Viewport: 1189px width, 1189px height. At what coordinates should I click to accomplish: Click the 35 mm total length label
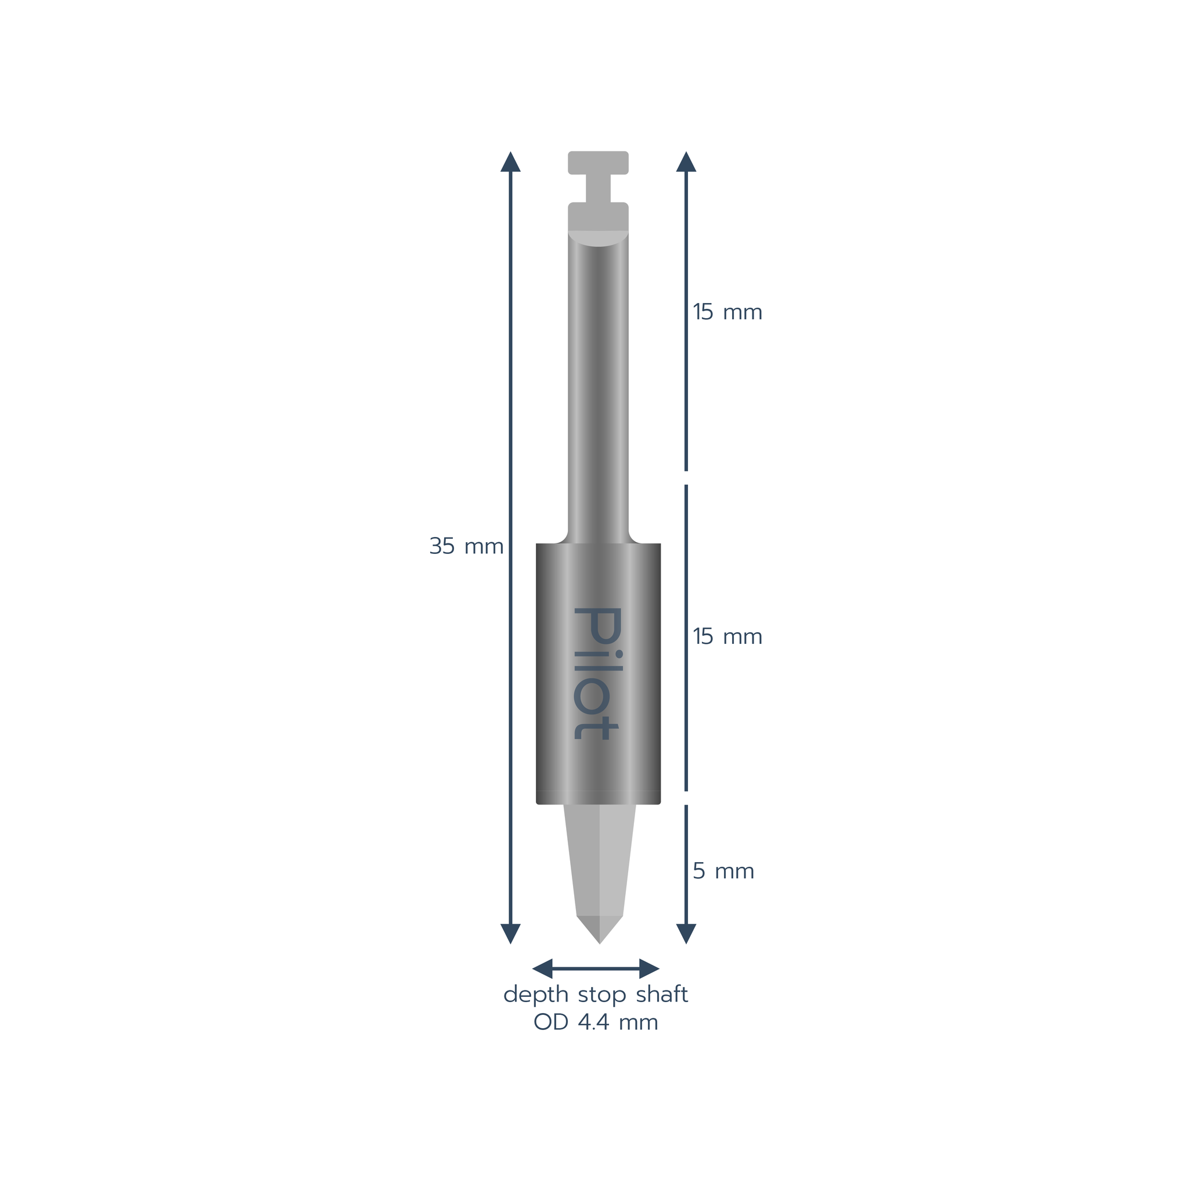(466, 546)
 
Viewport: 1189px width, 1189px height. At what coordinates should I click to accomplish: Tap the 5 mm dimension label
(723, 871)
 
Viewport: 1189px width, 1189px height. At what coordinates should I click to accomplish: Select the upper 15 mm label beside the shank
(727, 312)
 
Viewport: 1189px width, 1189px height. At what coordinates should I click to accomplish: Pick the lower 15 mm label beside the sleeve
(727, 636)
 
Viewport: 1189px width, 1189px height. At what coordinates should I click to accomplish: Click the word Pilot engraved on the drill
(597, 673)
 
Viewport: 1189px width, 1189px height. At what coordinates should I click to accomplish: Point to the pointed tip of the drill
(599, 943)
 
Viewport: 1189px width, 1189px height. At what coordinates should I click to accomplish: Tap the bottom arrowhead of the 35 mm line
(510, 934)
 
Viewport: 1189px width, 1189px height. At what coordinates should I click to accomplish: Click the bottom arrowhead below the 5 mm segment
(686, 934)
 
